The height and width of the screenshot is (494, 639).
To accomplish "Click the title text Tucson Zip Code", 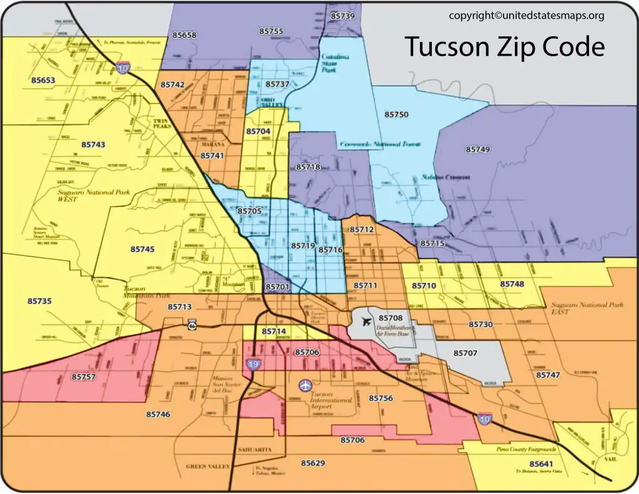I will [505, 47].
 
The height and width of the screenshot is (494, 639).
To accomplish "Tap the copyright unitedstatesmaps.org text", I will [526, 16].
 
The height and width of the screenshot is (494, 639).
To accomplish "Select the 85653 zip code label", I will [42, 81].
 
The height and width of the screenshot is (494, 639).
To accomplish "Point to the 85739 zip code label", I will [343, 16].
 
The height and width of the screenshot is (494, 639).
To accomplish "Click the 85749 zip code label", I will [478, 149].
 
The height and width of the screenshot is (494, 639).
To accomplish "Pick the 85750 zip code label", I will [396, 114].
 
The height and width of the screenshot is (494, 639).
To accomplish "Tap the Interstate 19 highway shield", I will [253, 365].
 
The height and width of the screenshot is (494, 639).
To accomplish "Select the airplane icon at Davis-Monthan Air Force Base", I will [368, 321].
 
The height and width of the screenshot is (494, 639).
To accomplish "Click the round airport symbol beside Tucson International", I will [305, 385].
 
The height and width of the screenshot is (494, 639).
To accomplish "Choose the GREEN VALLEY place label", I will [207, 467].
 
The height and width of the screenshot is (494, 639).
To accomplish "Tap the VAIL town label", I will [610, 459].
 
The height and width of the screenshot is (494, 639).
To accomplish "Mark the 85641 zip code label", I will [540, 464].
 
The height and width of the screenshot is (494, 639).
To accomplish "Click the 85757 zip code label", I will [84, 377].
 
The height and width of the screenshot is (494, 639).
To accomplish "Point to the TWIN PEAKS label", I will [162, 123].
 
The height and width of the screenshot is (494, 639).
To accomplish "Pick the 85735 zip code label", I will [40, 301].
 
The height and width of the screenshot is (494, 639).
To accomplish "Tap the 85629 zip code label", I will [313, 463].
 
